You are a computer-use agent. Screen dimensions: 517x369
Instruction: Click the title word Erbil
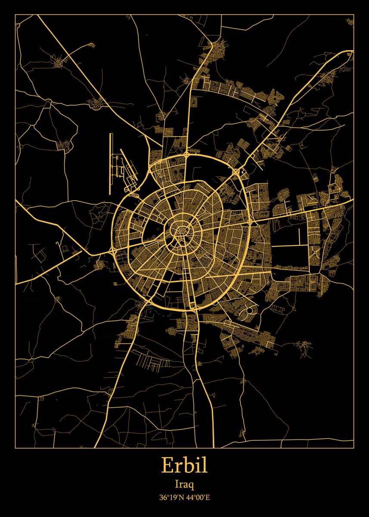coord(184,466)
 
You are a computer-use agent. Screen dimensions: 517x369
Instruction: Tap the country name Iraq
coord(184,485)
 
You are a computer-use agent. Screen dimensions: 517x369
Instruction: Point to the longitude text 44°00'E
coord(198,498)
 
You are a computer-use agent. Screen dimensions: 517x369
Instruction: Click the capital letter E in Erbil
coord(167,466)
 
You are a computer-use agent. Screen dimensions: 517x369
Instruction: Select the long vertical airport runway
coord(111,164)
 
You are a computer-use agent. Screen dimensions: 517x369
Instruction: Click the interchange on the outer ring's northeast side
coord(236,172)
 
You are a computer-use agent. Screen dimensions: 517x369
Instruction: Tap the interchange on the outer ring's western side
coord(113,249)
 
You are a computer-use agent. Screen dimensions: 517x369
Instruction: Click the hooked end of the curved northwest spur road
coord(92,44)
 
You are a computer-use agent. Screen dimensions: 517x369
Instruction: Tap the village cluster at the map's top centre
coord(222,45)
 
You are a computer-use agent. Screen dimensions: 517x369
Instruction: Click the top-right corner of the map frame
coord(353,15)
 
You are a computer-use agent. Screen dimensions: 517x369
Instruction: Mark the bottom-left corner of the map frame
coord(16,448)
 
